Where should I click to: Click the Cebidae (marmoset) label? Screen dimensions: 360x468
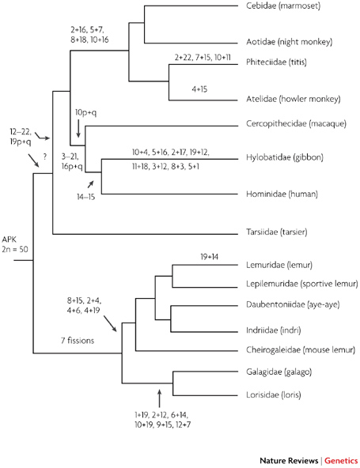pyautogui.click(x=283, y=6)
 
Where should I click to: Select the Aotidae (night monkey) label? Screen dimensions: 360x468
pyautogui.click(x=290, y=42)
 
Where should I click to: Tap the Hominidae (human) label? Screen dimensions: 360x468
pyautogui.click(x=282, y=194)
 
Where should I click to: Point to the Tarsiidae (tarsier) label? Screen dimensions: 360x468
pyautogui.click(x=277, y=232)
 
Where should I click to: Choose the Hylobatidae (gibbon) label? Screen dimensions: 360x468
pyautogui.click(x=284, y=157)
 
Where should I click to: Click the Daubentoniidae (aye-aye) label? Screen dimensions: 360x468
pyautogui.click(x=293, y=304)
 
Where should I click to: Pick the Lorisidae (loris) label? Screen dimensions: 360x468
pyautogui.click(x=273, y=395)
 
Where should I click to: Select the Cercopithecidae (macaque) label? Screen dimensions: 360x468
pyautogui.click(x=296, y=123)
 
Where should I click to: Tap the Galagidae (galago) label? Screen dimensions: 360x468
pyautogui.click(x=279, y=372)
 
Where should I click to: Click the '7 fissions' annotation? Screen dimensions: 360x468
pyautogui.click(x=78, y=341)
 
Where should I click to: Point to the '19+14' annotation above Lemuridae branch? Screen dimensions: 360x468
pyautogui.click(x=209, y=257)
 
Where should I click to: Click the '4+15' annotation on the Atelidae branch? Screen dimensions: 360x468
pyautogui.click(x=199, y=89)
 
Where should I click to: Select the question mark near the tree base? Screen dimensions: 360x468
pyautogui.click(x=45, y=157)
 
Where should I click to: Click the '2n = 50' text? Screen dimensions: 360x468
pyautogui.click(x=15, y=249)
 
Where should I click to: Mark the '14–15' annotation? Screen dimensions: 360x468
pyautogui.click(x=85, y=197)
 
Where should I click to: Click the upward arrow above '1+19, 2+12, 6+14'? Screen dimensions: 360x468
pyautogui.click(x=159, y=398)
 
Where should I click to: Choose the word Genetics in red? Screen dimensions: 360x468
pyautogui.click(x=341, y=461)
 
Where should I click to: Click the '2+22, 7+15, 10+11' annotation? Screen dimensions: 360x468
pyautogui.click(x=203, y=57)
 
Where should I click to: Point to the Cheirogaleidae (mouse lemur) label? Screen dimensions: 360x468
pyautogui.click(x=301, y=349)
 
